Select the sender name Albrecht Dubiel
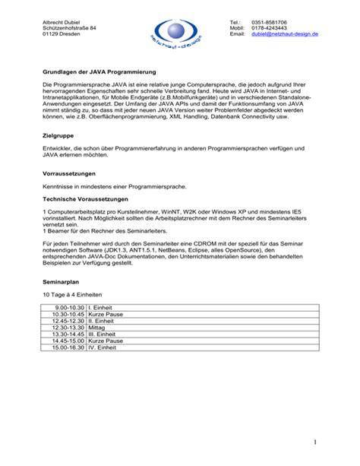pyautogui.click(x=62, y=22)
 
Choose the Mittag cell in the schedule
pyautogui.click(x=100, y=327)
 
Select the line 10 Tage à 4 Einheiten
pyautogui.click(x=72, y=293)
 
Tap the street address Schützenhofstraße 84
pyautogui.click(x=69, y=28)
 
